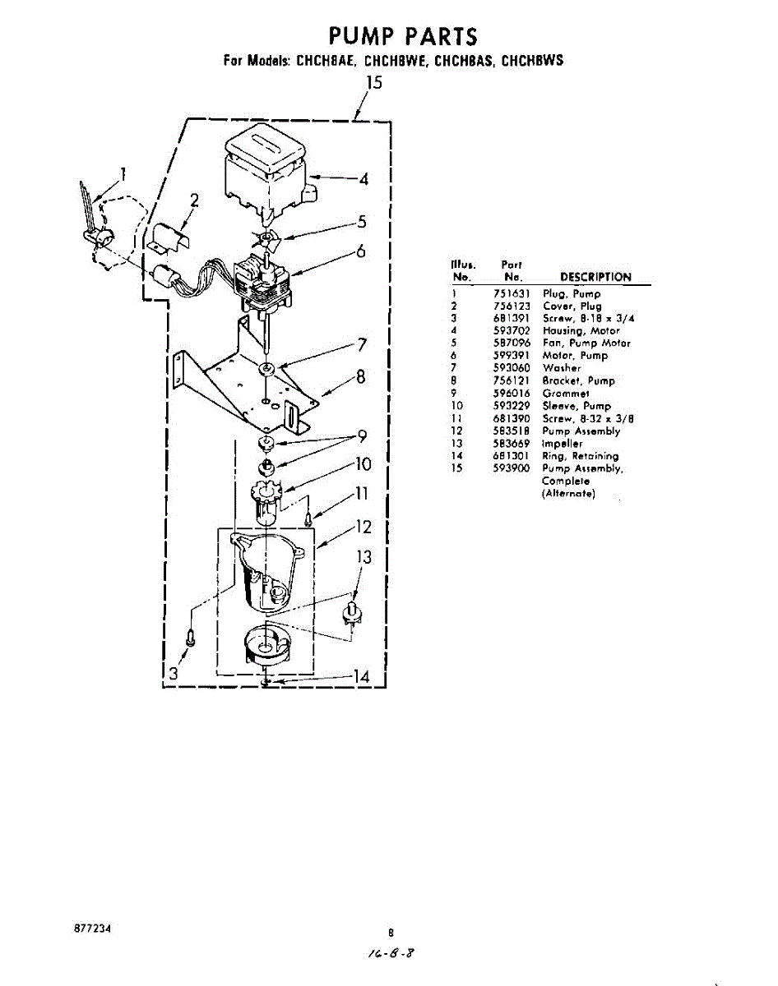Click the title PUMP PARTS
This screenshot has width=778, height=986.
coord(402,37)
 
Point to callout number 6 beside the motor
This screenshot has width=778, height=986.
coord(360,251)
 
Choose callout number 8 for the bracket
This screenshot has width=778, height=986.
coord(359,378)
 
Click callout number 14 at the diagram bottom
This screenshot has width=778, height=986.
coord(360,676)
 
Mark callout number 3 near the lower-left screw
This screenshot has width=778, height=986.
coord(173,674)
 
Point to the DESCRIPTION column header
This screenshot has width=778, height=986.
coord(595,277)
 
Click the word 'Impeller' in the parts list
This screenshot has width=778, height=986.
coord(563,443)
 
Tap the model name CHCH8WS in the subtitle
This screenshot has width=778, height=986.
coord(532,61)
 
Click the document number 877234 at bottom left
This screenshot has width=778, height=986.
coord(92,928)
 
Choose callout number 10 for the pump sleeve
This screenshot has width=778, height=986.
coord(362,464)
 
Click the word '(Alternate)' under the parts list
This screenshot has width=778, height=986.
coord(567,494)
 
